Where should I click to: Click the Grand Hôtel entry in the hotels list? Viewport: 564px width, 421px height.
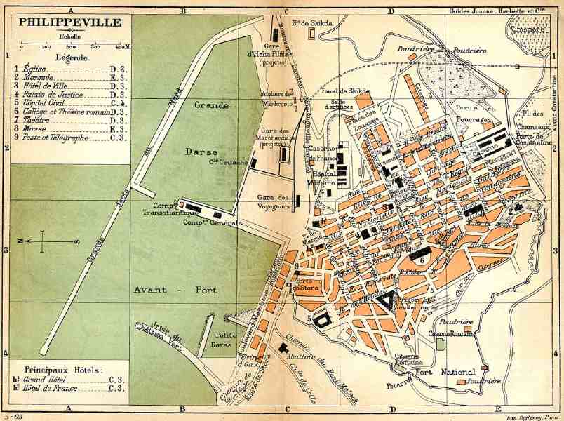tap(48, 380)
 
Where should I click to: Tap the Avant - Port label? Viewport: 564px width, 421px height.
tap(175, 289)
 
